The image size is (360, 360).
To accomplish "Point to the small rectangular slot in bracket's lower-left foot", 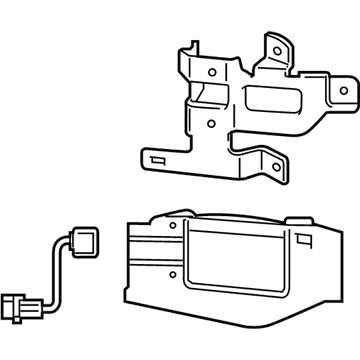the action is click(x=156, y=160).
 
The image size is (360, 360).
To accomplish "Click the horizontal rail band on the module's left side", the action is click(x=150, y=249).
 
